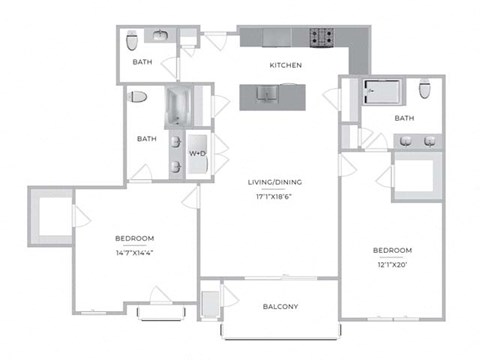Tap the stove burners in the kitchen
(x=321, y=38)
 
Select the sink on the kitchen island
(x=266, y=95)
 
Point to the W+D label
(x=198, y=153)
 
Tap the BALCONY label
(x=281, y=306)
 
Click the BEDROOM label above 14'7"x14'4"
(x=134, y=237)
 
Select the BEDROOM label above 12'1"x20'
(x=393, y=249)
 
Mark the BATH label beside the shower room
(x=404, y=118)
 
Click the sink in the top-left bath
(x=162, y=37)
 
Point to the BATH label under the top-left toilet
(x=142, y=63)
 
